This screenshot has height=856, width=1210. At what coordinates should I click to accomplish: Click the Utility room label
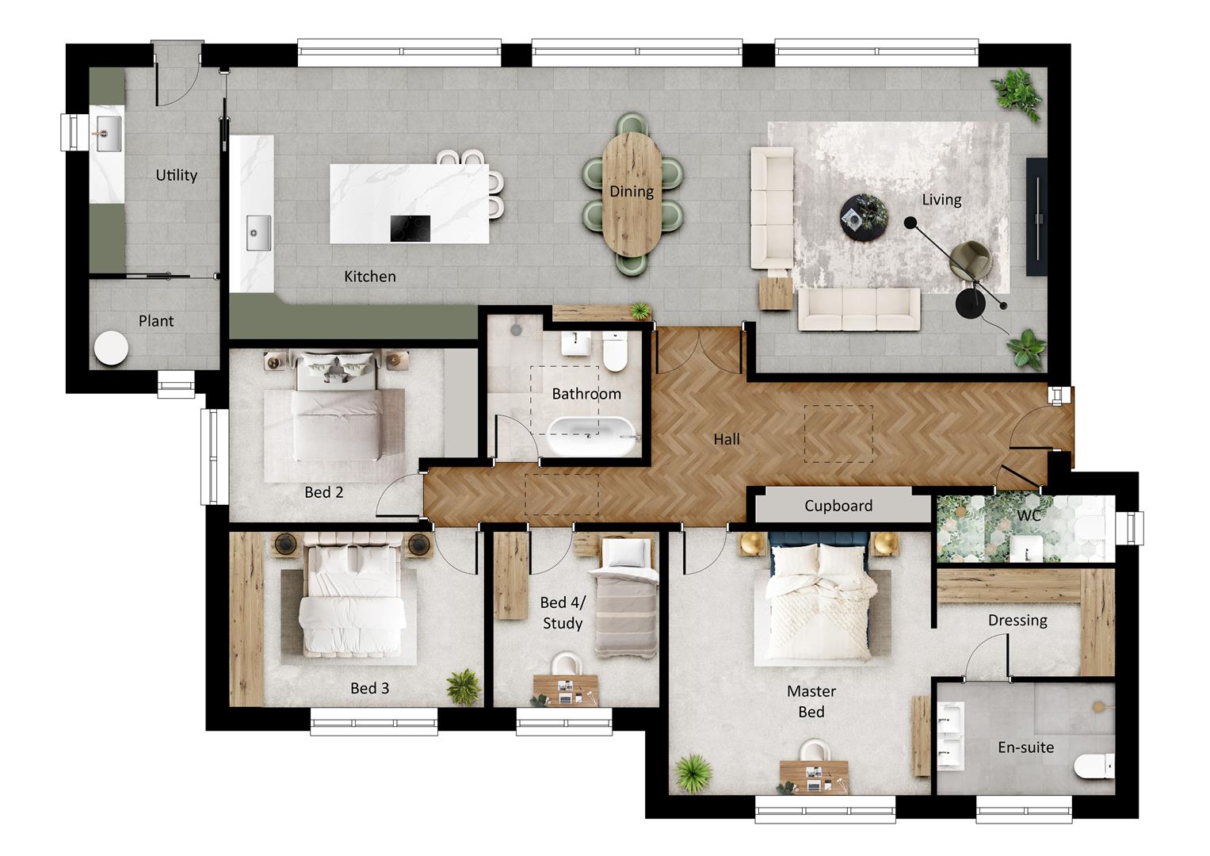pyautogui.click(x=176, y=175)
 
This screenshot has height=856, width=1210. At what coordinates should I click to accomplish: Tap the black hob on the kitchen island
pyautogui.click(x=410, y=228)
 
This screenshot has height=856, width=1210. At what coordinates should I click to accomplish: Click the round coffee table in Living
pyautogui.click(x=863, y=216)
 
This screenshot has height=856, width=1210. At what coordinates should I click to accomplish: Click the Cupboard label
pyautogui.click(x=838, y=506)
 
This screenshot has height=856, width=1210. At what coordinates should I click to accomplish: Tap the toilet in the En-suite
pyautogui.click(x=1093, y=767)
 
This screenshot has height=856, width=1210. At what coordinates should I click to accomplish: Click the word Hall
pyautogui.click(x=726, y=439)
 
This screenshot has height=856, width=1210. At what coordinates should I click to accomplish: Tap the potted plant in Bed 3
pyautogui.click(x=463, y=686)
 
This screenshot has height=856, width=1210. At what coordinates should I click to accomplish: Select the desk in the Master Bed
pyautogui.click(x=814, y=776)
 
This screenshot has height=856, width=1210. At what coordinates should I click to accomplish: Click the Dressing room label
pyautogui.click(x=1017, y=620)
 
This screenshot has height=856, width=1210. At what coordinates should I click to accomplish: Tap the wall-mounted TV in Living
pyautogui.click(x=1036, y=216)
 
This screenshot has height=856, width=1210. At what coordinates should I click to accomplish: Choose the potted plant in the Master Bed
pyautogui.click(x=694, y=772)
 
